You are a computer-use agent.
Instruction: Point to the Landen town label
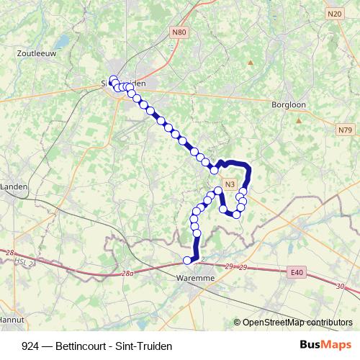(x=14, y=186)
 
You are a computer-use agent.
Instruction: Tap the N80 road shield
(x=179, y=32)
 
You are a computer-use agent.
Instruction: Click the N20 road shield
(x=333, y=14)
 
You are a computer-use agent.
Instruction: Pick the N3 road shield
(x=230, y=184)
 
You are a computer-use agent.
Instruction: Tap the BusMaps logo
(x=325, y=346)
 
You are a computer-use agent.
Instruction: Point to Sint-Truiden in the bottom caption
(x=147, y=346)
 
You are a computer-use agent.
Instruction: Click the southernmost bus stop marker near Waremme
(x=187, y=261)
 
